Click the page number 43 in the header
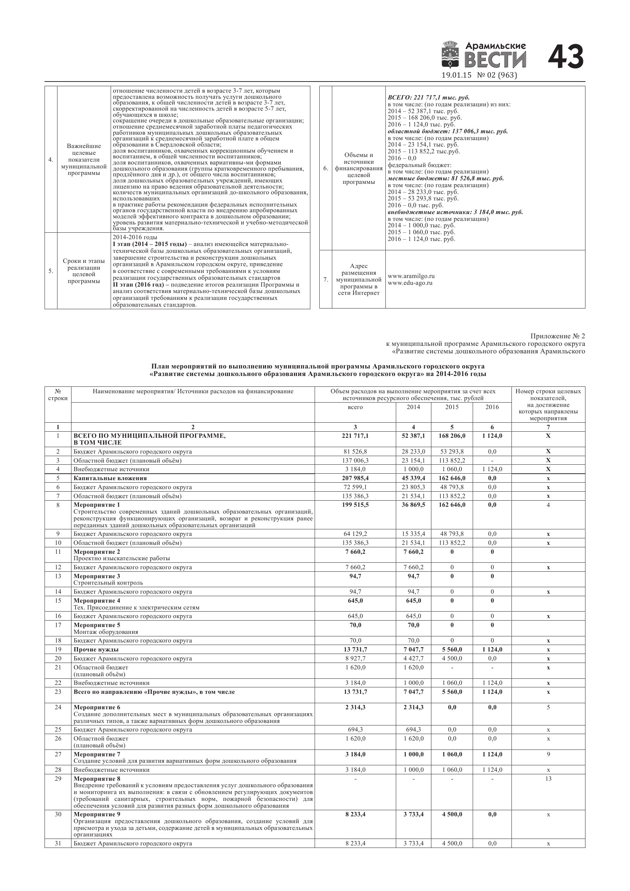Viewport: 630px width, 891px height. (x=566, y=57)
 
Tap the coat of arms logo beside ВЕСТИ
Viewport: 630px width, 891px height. (x=450, y=56)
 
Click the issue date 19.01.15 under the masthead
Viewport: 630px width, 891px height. (x=456, y=75)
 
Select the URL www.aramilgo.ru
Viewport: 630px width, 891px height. (x=411, y=276)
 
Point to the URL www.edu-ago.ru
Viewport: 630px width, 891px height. (x=410, y=283)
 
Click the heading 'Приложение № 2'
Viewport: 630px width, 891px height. (x=557, y=336)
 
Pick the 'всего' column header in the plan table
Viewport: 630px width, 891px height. (x=355, y=407)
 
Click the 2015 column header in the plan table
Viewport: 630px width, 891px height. (x=452, y=407)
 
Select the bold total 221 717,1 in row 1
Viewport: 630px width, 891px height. (x=355, y=436)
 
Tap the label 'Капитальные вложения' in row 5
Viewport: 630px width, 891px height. (x=110, y=478)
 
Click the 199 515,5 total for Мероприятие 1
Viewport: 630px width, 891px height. (x=355, y=505)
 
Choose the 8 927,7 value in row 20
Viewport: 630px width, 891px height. (x=355, y=659)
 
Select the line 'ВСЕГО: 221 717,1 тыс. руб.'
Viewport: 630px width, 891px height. (x=429, y=98)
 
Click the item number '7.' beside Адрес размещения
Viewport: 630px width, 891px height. (x=326, y=279)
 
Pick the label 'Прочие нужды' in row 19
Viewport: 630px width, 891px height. (x=96, y=650)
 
